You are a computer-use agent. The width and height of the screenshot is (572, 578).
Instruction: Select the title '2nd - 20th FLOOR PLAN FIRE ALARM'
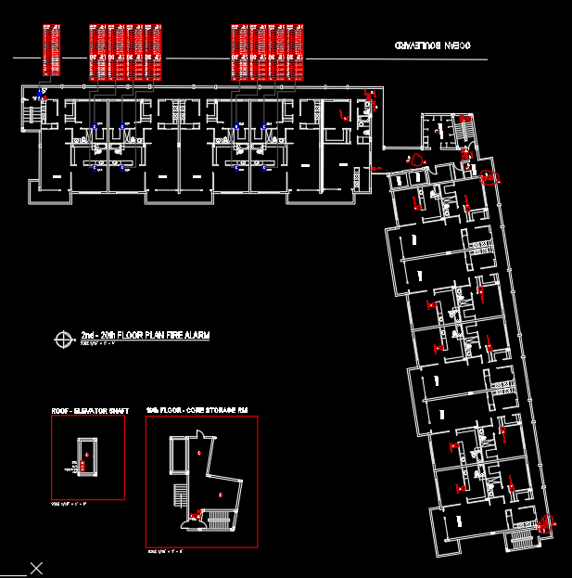click(145, 334)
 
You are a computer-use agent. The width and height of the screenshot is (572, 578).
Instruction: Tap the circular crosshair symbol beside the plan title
click(64, 340)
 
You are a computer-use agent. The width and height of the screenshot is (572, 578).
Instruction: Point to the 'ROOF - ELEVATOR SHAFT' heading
click(91, 410)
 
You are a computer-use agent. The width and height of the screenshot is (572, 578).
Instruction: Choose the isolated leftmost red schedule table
click(52, 50)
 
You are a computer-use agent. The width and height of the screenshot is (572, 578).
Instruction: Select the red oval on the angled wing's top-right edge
click(489, 176)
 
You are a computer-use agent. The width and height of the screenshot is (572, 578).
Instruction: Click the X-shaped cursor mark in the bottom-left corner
click(36, 568)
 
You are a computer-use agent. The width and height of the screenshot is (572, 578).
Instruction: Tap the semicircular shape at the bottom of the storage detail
click(192, 526)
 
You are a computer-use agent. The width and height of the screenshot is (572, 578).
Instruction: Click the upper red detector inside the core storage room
click(199, 452)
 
